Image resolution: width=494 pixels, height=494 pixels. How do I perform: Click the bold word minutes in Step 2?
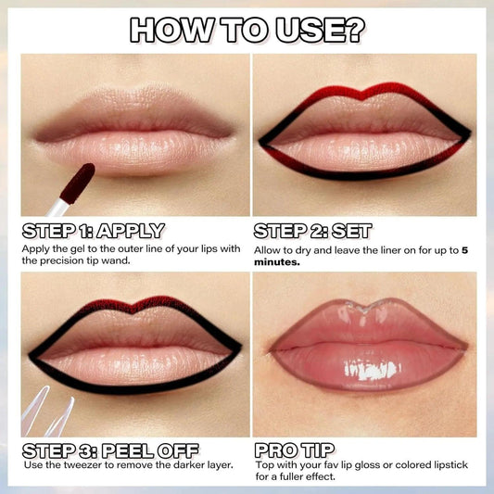click(x=280, y=262)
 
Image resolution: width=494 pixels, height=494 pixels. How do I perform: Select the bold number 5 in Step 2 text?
click(x=464, y=249)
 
